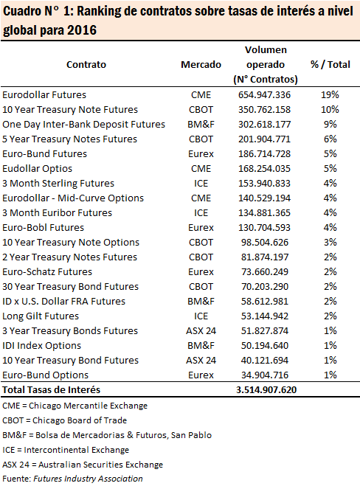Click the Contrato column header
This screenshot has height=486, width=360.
tap(86, 64)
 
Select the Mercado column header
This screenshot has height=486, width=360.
tap(201, 64)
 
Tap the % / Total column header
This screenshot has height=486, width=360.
tap(330, 64)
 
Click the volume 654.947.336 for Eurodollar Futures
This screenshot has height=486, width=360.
tap(265, 94)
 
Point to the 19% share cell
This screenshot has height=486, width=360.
tap(330, 94)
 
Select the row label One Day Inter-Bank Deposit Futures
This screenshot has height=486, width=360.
tap(83, 125)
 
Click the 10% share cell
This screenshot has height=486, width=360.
tap(330, 109)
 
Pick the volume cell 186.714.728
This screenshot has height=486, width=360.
tap(265, 153)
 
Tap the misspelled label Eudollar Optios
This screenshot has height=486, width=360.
tap(37, 169)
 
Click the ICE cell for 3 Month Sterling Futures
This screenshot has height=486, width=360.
tap(201, 183)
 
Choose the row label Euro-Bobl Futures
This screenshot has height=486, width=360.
tap(43, 227)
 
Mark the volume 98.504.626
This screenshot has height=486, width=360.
tap(265, 243)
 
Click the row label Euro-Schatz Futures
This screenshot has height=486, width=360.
tap(47, 272)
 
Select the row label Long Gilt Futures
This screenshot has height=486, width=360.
tap(41, 316)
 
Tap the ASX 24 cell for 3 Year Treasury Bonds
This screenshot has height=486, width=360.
tap(201, 330)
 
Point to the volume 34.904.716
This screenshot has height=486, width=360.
tap(265, 375)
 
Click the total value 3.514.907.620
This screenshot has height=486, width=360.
tap(266, 390)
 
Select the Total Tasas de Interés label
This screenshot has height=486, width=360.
tap(51, 390)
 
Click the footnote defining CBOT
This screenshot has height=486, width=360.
tap(64, 420)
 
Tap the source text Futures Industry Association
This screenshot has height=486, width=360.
tap(88, 479)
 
